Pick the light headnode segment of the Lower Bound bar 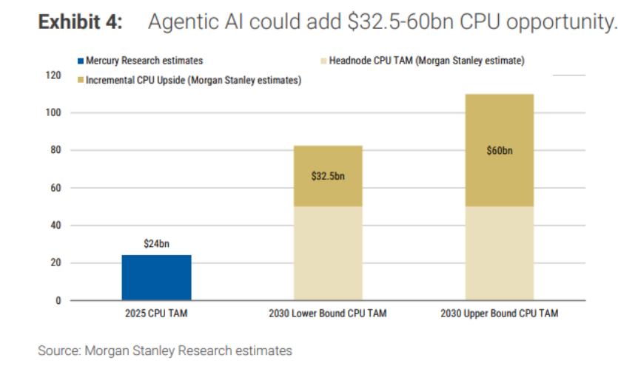(x=327, y=253)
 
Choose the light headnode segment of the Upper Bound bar (x=499, y=253)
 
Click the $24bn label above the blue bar (x=156, y=243)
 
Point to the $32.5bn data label (x=327, y=177)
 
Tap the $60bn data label (x=499, y=150)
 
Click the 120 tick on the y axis (x=52, y=75)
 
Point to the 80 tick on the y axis (x=54, y=151)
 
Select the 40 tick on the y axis (x=54, y=226)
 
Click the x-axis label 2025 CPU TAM (x=156, y=314)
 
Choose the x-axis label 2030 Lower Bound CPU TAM (x=327, y=314)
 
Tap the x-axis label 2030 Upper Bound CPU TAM (x=499, y=314)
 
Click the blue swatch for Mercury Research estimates (x=78, y=61)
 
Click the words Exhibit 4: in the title (x=80, y=23)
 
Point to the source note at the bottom (x=165, y=350)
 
